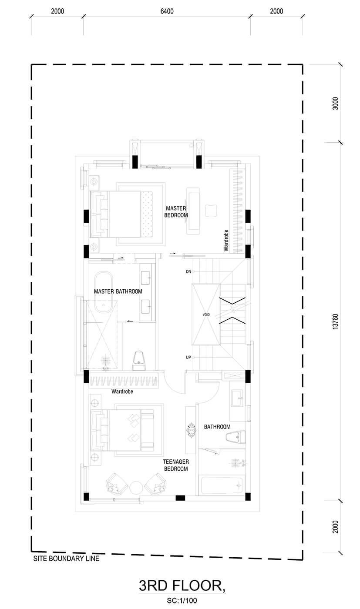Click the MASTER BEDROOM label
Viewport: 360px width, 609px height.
176,211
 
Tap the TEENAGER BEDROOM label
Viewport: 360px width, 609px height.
176,465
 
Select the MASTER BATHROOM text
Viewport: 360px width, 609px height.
118,291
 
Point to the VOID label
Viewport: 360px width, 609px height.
206,315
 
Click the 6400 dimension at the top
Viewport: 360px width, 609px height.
167,11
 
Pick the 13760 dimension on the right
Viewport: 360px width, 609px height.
335,321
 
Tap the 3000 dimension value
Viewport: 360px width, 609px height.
335,104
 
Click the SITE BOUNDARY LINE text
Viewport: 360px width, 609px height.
66,559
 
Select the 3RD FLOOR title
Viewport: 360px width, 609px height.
182,586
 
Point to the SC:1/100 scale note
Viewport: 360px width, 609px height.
182,600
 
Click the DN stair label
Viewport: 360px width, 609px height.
188,271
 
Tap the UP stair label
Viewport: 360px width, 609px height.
188,358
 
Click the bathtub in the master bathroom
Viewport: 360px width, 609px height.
104,292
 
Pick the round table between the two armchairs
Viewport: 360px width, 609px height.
136,488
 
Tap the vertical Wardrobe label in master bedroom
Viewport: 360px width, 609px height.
226,240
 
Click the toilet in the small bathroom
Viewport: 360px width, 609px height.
236,437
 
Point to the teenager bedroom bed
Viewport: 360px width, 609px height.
122,430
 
